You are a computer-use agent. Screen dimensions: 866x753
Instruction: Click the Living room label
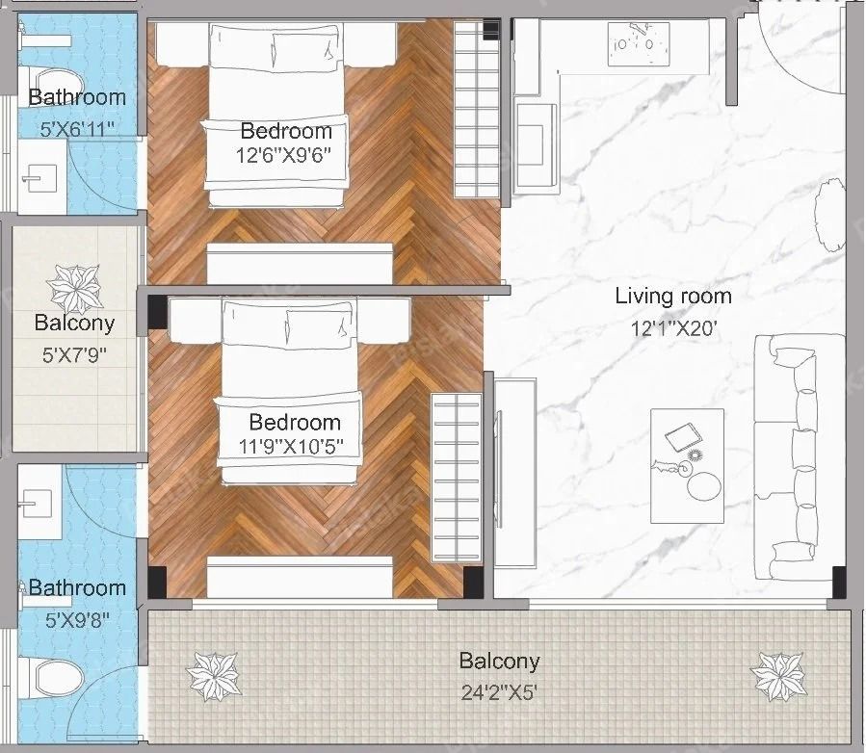tap(673, 297)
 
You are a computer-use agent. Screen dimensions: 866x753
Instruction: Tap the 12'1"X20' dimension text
tap(673, 329)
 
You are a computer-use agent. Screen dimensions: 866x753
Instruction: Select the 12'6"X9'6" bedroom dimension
tap(283, 156)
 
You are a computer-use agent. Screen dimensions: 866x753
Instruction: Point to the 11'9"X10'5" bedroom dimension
tap(291, 446)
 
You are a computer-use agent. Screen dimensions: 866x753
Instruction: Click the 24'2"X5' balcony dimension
tap(499, 692)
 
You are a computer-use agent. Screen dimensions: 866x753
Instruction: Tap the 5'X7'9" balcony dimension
tap(74, 355)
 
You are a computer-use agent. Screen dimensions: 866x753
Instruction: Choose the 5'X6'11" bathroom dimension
tap(77, 129)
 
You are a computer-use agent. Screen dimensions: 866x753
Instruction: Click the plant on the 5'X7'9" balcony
tap(75, 288)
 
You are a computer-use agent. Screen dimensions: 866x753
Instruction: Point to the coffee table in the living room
tap(687, 466)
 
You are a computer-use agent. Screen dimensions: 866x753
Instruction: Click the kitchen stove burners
tap(639, 44)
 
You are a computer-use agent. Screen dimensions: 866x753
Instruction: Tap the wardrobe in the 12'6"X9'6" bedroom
tap(477, 110)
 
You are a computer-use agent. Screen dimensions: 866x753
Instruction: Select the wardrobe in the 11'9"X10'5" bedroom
tap(456, 478)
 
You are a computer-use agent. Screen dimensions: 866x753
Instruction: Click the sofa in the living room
tap(800, 457)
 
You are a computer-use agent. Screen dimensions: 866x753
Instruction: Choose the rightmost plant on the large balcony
tap(777, 677)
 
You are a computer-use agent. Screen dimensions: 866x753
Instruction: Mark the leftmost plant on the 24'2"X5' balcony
tap(213, 677)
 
